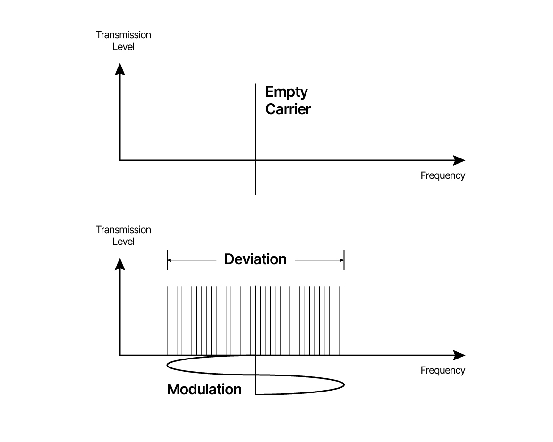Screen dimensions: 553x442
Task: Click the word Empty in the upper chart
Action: [x=286, y=92]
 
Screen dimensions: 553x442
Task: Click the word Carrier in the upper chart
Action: [x=288, y=109]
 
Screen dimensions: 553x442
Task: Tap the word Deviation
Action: [x=255, y=259]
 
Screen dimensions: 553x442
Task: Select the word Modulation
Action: [x=204, y=389]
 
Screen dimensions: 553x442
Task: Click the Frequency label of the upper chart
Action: [x=442, y=176]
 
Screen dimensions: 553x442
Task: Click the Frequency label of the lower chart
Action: [x=442, y=370]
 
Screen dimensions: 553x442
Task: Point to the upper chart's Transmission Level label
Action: [x=123, y=41]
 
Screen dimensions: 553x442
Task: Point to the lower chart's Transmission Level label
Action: [x=123, y=235]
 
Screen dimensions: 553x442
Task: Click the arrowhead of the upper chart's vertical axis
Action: [x=120, y=69]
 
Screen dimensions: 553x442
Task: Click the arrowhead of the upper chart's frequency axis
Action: [x=459, y=160]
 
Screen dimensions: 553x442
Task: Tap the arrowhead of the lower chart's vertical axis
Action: [x=120, y=264]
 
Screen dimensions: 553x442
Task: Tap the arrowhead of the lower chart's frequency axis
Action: [x=459, y=355]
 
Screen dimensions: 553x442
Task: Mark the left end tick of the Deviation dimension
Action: [x=167, y=260]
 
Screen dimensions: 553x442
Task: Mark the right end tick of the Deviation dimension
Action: [x=344, y=260]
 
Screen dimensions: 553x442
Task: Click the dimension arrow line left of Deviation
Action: [x=192, y=260]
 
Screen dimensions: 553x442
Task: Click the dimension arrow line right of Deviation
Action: [x=319, y=260]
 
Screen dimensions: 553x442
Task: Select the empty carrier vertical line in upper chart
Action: [x=255, y=139]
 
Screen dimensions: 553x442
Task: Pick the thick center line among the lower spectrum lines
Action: [x=255, y=320]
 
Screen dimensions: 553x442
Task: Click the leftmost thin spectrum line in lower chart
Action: [x=167, y=320]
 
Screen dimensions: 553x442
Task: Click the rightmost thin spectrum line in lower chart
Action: [x=344, y=320]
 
